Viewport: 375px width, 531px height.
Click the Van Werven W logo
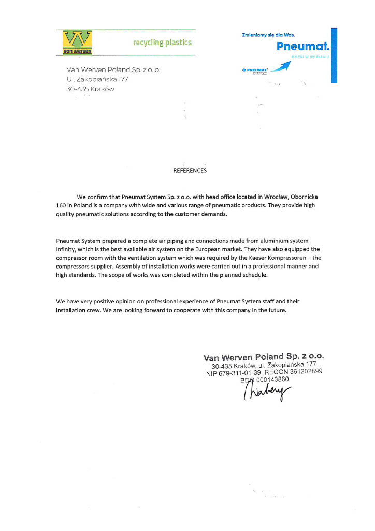click(77, 42)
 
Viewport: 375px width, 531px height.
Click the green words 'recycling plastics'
click(162, 43)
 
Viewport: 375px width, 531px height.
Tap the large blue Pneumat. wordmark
click(303, 47)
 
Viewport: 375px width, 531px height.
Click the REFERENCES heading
click(190, 170)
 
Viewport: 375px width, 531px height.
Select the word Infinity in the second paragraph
click(67, 249)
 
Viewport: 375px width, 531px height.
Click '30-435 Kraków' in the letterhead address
click(90, 89)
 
